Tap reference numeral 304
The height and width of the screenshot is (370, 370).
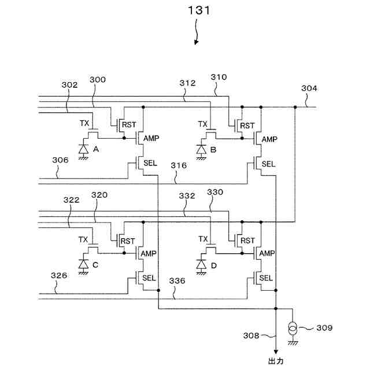click(309, 88)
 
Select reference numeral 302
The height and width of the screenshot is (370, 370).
click(69, 85)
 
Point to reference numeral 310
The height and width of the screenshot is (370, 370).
click(219, 76)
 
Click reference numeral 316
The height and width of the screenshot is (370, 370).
click(179, 166)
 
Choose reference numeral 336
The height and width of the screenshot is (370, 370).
click(177, 280)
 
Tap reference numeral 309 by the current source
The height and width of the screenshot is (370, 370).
click(324, 328)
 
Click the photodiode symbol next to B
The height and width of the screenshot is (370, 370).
click(201, 149)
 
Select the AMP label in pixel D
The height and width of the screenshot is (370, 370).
click(267, 254)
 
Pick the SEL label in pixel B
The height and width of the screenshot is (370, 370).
click(268, 164)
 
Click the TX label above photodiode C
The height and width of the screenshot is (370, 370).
click(83, 239)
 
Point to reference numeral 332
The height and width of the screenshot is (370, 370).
click(187, 197)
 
